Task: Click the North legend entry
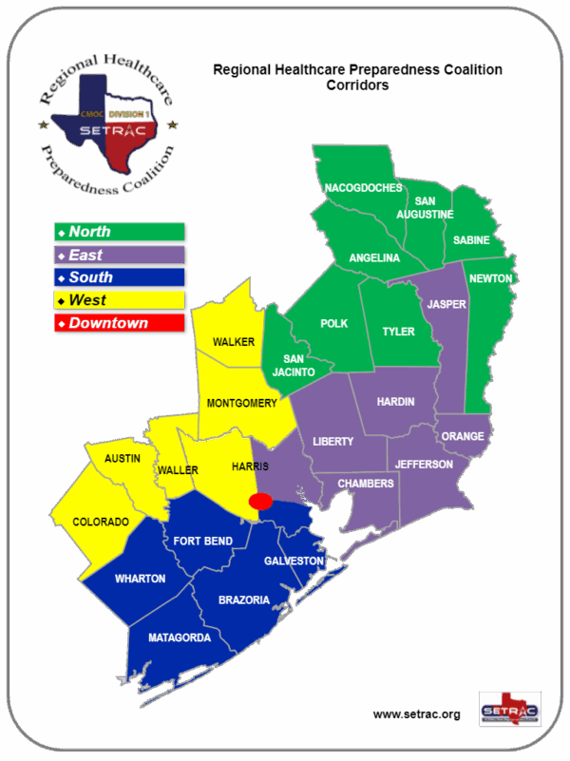coord(119,232)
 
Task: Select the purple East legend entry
coord(119,255)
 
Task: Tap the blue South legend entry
coord(119,277)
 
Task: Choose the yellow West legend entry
coord(119,300)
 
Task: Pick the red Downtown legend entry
coord(119,323)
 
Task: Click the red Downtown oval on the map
coord(260,501)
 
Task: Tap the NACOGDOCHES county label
coord(363,188)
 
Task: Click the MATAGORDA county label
coord(180,638)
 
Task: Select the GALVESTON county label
coord(294,561)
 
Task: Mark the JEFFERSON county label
coord(425,465)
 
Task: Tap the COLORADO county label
coord(102,523)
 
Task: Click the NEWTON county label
coord(491,278)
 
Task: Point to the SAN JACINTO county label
coord(287,366)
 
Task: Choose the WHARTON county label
coord(140,579)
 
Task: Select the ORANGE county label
coord(463,437)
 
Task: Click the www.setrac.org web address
coord(416,714)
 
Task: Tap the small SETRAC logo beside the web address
coord(510,709)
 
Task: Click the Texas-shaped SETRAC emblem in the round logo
coord(106,128)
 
